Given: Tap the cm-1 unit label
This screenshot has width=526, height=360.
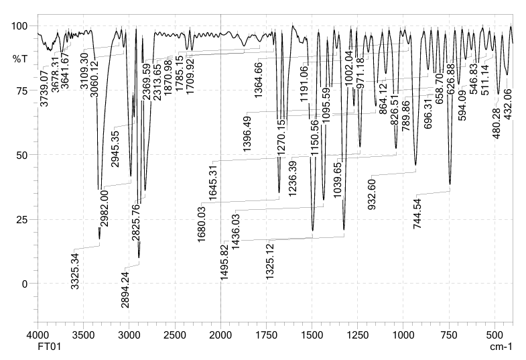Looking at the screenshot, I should click(x=501, y=347).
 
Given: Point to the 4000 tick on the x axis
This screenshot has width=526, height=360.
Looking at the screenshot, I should click(x=38, y=334).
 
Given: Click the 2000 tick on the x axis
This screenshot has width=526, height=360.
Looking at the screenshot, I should click(x=220, y=334).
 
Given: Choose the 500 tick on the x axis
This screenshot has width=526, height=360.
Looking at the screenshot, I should click(x=495, y=334).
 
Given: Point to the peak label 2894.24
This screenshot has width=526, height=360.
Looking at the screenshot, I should click(x=125, y=288).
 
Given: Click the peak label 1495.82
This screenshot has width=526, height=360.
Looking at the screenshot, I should click(x=224, y=260).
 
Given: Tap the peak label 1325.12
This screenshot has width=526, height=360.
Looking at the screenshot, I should click(x=270, y=259).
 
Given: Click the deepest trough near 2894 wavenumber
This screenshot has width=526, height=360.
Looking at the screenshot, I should click(x=139, y=256).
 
